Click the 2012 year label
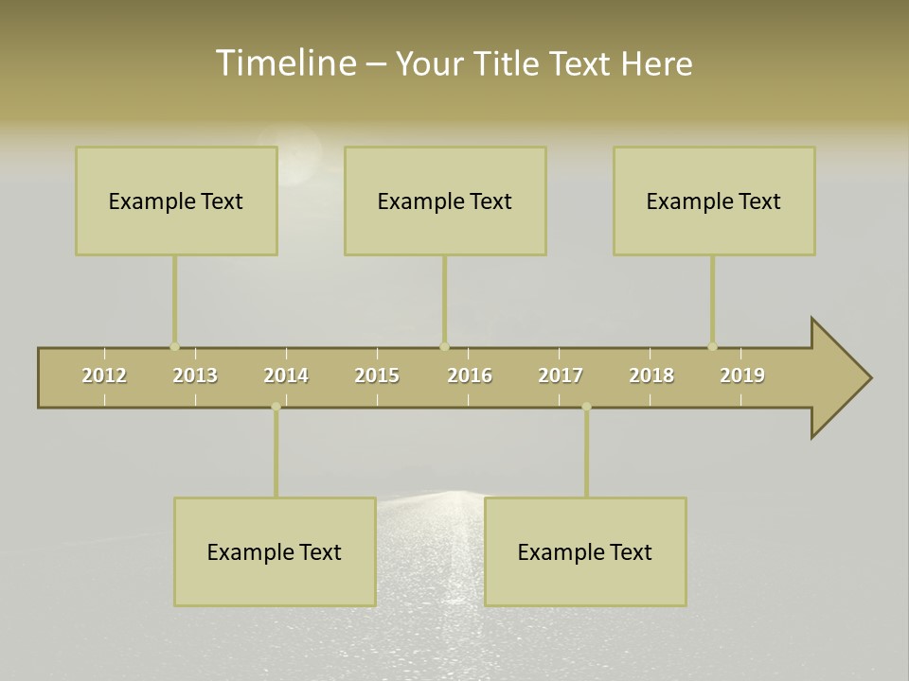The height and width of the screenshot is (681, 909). (x=104, y=375)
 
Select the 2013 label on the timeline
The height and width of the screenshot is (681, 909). (x=195, y=375)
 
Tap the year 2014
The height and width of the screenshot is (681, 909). (x=286, y=375)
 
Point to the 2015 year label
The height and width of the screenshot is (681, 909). (x=377, y=375)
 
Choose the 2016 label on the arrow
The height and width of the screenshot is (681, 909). (x=470, y=375)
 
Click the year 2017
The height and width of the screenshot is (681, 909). (x=561, y=375)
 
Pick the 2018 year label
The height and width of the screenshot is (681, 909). (x=651, y=375)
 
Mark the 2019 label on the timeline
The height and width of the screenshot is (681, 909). (x=742, y=375)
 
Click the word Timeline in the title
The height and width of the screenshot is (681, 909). (x=285, y=63)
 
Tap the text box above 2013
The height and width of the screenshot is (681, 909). (x=176, y=201)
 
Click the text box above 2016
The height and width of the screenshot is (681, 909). (x=445, y=201)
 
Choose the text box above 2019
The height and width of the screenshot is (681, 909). (x=714, y=201)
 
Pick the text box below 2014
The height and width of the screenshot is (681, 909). (x=275, y=551)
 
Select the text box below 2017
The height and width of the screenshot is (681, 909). (x=585, y=551)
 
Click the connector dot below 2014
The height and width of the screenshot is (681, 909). (x=276, y=407)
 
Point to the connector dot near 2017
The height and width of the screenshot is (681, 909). (x=586, y=407)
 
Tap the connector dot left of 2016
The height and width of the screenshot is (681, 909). (x=444, y=346)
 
